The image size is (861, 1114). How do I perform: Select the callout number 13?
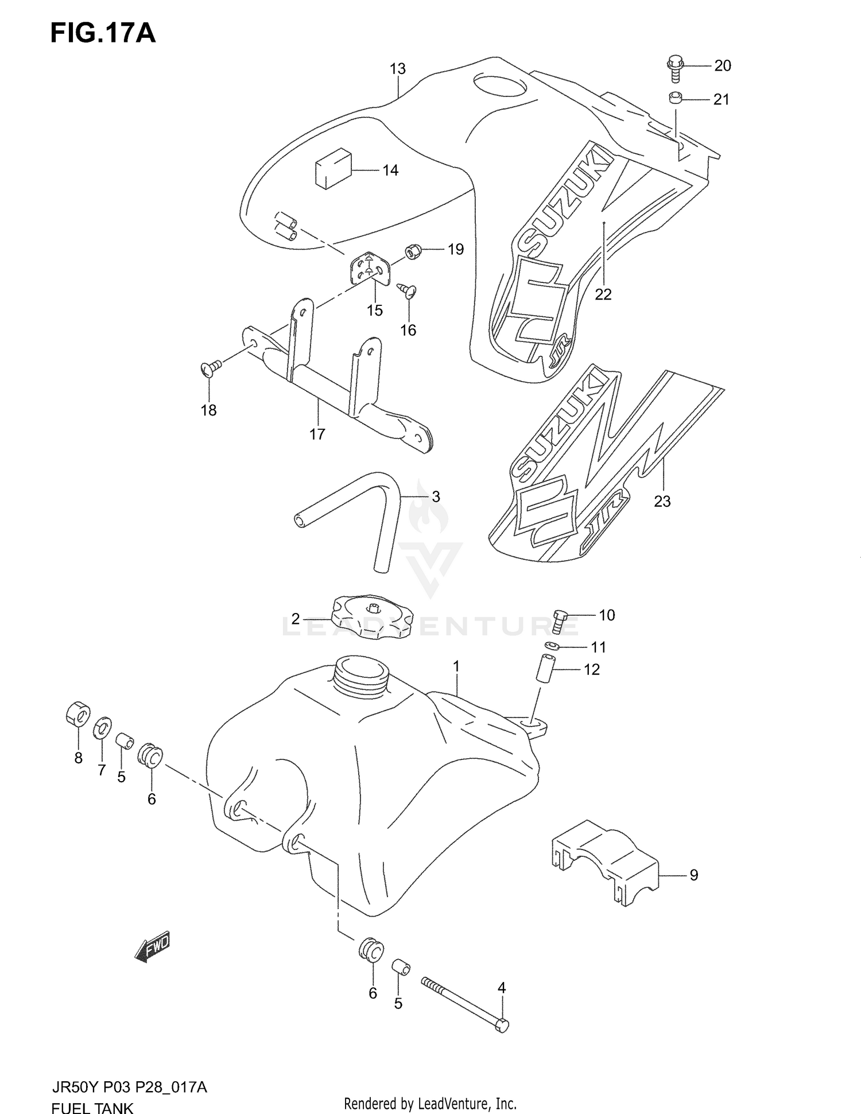coord(397,69)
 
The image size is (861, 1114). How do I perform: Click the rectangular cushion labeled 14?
coord(332,168)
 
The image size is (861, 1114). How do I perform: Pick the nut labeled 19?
coord(413,251)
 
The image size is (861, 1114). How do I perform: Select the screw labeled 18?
coord(211,368)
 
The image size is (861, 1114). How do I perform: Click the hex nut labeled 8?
coord(76,713)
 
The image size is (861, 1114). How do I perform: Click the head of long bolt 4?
coord(501,1025)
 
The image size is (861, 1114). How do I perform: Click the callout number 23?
coord(662,501)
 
